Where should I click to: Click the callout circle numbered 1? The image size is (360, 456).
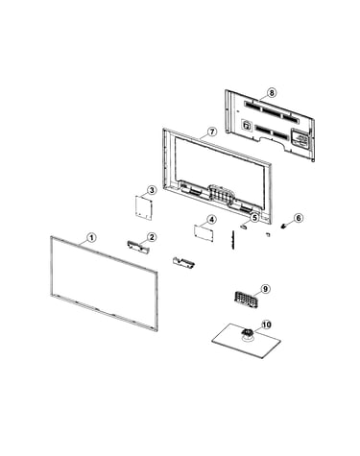tap(91, 238)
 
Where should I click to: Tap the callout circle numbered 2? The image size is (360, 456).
tap(152, 237)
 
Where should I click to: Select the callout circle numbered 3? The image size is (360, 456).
tap(152, 190)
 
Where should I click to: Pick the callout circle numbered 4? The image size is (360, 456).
tap(211, 220)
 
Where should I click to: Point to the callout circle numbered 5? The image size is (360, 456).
tap(254, 218)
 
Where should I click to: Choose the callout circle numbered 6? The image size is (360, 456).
tap(299, 218)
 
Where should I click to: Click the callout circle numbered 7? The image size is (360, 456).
tap(212, 132)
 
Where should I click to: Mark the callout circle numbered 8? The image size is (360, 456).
tap(272, 93)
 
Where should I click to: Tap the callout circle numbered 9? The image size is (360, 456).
tap(265, 289)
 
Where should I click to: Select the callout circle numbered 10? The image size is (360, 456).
tap(266, 324)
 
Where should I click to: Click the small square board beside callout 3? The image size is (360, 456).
tap(143, 208)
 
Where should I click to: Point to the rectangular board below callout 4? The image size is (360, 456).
tap(204, 233)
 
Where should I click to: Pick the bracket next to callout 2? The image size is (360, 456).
tap(138, 248)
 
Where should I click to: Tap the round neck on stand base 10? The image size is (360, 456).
tap(247, 333)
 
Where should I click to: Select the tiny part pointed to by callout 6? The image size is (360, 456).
tap(283, 226)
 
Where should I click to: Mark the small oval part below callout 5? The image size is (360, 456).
tap(244, 226)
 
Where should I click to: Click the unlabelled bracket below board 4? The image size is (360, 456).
tap(183, 262)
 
